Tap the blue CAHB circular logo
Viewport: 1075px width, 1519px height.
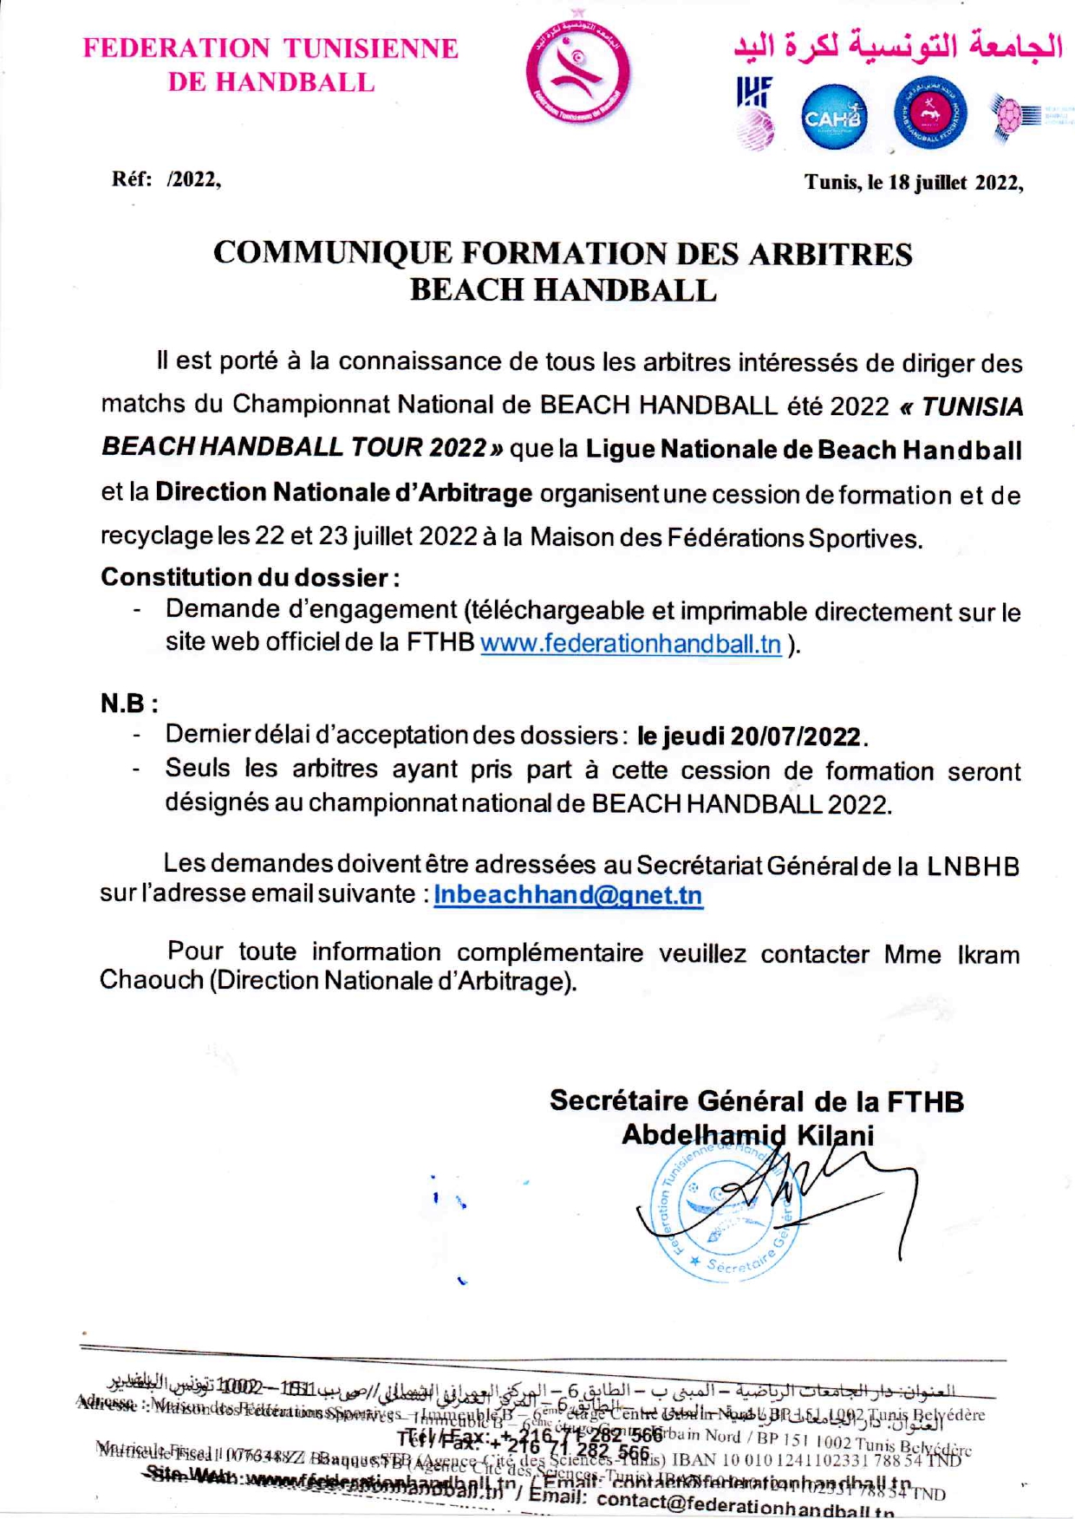[x=832, y=116]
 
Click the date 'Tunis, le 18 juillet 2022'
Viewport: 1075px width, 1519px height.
[x=913, y=183]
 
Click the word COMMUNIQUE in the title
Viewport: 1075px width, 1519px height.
[x=333, y=253]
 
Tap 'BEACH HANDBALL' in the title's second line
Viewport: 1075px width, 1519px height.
[x=563, y=289]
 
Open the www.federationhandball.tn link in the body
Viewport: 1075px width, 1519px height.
[x=630, y=645]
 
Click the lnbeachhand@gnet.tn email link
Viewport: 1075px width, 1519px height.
[x=568, y=894]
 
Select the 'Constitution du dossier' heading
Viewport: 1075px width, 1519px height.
[x=250, y=577]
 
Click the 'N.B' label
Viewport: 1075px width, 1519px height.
[x=128, y=703]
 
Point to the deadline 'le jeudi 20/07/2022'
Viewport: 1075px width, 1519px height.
[x=751, y=737]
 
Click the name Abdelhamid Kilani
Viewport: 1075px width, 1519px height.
[x=747, y=1135]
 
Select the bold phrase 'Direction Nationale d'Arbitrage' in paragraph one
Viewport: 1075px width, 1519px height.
[x=343, y=493]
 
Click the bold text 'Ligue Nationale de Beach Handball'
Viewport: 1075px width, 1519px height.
[x=804, y=450]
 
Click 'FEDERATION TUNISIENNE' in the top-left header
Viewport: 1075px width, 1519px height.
[x=270, y=48]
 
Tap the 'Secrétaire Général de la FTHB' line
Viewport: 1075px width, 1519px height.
[x=756, y=1100]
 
